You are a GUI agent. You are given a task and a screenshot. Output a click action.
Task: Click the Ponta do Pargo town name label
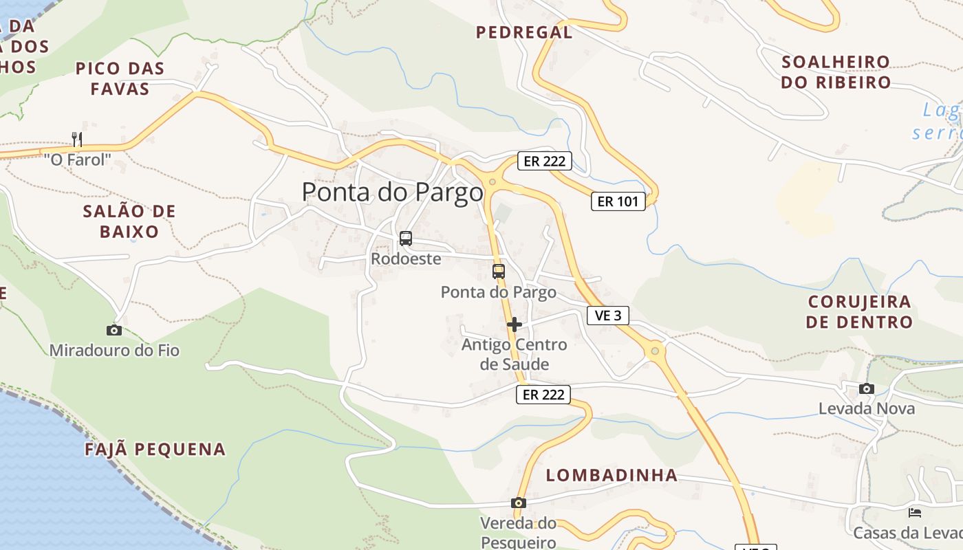click(x=392, y=192)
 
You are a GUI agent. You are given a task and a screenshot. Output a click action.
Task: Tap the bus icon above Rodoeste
click(x=406, y=239)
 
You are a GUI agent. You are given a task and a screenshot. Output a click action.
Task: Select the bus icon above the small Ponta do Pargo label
click(x=499, y=272)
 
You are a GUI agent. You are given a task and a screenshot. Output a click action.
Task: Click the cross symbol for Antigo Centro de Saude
click(x=515, y=324)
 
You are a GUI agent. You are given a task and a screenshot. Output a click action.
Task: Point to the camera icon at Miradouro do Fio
click(x=114, y=331)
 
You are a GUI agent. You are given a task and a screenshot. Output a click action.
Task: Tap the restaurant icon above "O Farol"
click(x=77, y=140)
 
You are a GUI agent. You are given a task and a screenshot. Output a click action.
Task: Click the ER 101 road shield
click(x=618, y=201)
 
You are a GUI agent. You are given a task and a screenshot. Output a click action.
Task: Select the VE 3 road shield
click(x=608, y=316)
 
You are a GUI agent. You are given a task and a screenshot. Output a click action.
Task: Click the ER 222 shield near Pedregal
click(x=545, y=162)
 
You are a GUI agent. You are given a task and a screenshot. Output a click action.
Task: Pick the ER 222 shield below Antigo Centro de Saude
click(x=543, y=395)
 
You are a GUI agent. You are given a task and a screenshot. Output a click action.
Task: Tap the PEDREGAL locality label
click(x=524, y=32)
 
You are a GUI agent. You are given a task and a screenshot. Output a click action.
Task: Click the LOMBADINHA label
click(x=612, y=475)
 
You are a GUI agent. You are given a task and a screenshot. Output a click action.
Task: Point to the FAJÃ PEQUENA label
click(x=155, y=450)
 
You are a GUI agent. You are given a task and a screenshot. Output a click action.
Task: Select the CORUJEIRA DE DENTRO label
click(x=859, y=311)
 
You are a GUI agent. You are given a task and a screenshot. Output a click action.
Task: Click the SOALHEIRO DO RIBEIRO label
click(x=836, y=72)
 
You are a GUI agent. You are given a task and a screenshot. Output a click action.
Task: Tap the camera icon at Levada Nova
click(x=867, y=389)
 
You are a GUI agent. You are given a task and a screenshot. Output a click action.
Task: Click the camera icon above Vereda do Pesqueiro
click(x=519, y=503)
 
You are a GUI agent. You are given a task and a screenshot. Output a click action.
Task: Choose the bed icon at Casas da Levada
click(x=915, y=513)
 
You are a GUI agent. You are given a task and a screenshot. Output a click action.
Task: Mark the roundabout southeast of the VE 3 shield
click(x=654, y=352)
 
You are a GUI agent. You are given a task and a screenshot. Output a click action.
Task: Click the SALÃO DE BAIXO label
click(x=129, y=221)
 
